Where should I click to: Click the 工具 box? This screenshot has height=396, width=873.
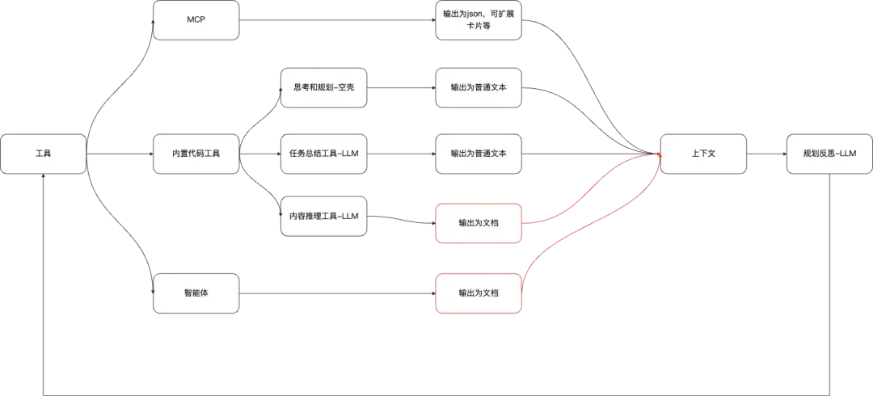tap(44, 154)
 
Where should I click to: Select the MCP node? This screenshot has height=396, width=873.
tap(196, 20)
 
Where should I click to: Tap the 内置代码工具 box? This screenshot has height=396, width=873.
tap(196, 154)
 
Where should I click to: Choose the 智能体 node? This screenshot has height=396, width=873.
tap(196, 293)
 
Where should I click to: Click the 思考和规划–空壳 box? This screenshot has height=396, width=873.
tap(323, 87)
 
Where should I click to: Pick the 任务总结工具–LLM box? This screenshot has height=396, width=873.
tap(323, 154)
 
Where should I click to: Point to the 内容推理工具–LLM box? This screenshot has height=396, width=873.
tap(323, 216)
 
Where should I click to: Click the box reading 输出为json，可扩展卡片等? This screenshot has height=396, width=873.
tap(479, 20)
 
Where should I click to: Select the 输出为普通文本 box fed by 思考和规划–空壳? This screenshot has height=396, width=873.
tap(479, 87)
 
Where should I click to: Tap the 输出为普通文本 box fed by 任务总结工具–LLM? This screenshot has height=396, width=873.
tap(479, 154)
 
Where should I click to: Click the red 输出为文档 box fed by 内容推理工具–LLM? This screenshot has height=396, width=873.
tap(479, 224)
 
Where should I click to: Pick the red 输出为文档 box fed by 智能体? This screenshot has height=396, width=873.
tap(479, 293)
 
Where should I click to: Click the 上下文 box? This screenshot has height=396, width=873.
tap(703, 154)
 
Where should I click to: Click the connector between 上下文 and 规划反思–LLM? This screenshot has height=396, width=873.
tap(766, 154)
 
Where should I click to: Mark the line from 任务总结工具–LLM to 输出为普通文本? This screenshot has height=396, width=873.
tap(401, 154)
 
